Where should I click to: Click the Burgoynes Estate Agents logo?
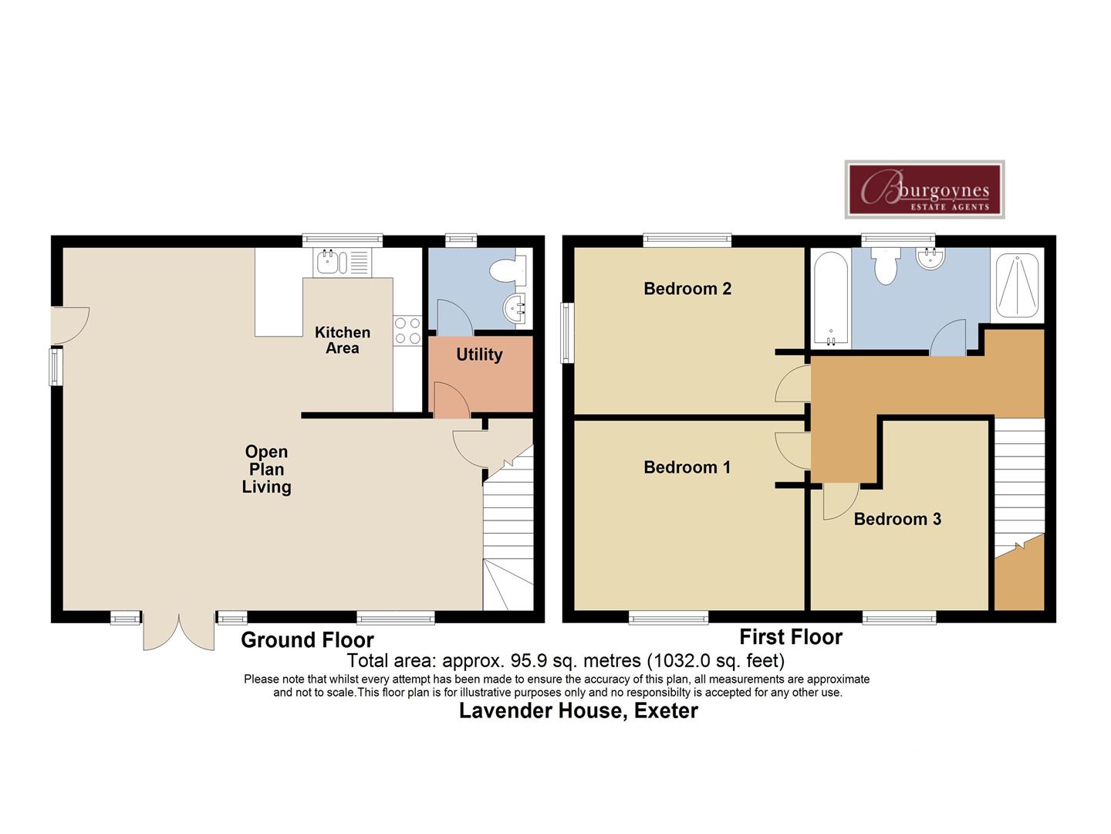(x=924, y=189)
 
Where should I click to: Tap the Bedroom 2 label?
(x=687, y=289)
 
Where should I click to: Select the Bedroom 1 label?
(x=687, y=467)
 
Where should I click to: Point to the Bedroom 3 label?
(x=897, y=519)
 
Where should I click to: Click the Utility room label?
(x=479, y=354)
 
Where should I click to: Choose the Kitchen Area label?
(x=343, y=340)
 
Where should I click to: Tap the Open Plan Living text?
(x=266, y=469)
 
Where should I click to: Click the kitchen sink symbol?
(x=342, y=263)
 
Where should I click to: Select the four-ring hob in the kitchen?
(x=407, y=331)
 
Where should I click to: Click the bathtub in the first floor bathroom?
(x=831, y=299)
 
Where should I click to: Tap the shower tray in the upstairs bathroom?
(x=1018, y=286)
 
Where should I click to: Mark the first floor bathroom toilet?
(x=886, y=266)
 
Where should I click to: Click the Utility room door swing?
(x=451, y=399)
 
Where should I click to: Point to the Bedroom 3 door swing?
(x=840, y=501)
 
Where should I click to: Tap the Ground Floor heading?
(x=307, y=640)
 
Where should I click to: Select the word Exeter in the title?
(x=666, y=711)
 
